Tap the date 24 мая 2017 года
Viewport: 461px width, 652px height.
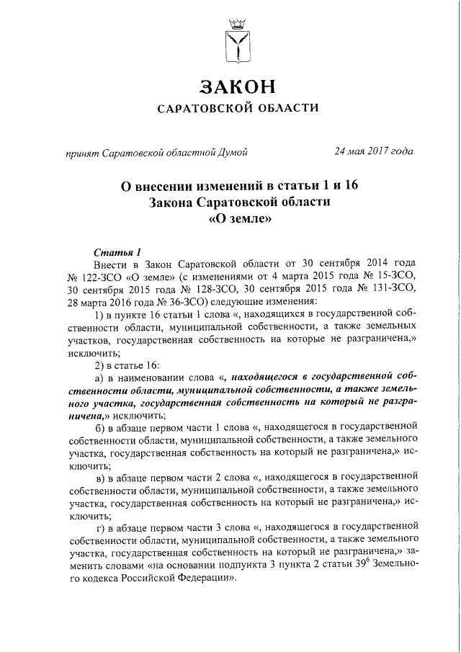pos(373,151)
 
